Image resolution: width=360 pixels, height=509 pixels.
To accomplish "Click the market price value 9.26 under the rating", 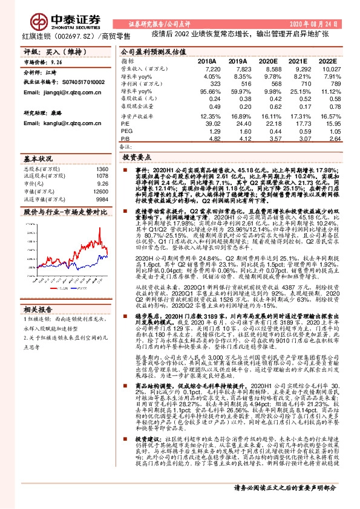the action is tap(57, 62).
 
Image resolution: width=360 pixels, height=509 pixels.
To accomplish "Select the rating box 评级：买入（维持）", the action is tap(46, 53).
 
